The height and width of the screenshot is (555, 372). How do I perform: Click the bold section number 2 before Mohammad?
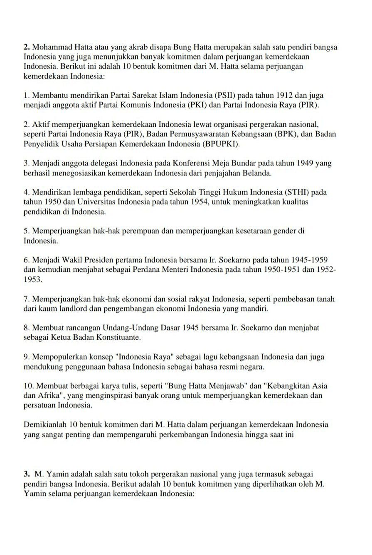point(27,47)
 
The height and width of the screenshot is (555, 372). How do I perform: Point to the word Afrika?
point(51,395)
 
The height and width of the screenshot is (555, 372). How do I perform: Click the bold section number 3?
point(27,474)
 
